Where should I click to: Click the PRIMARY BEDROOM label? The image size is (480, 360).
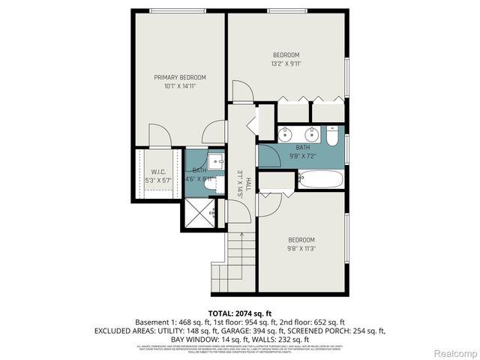pyautogui.click(x=180, y=77)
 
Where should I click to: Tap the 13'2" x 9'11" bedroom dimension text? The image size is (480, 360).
pyautogui.click(x=286, y=64)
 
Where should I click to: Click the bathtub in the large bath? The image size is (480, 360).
pyautogui.click(x=320, y=179)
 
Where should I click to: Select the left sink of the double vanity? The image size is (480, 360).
pyautogui.click(x=285, y=136)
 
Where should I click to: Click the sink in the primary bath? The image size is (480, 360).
pyautogui.click(x=215, y=160)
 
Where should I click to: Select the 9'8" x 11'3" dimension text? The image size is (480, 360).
pyautogui.click(x=301, y=248)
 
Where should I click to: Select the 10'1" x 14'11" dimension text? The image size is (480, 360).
pyautogui.click(x=180, y=86)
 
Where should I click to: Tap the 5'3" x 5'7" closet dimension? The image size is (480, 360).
pyautogui.click(x=158, y=180)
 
